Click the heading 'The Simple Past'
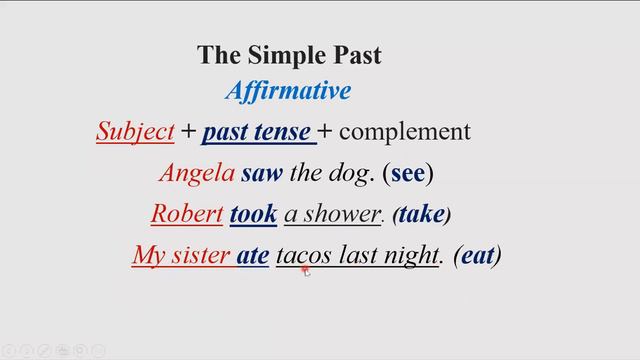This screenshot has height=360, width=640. (x=289, y=55)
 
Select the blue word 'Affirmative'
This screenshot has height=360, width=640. (x=288, y=92)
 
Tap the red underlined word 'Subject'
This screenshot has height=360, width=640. (x=135, y=131)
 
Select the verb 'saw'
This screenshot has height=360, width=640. (x=262, y=173)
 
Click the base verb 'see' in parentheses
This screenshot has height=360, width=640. (x=407, y=173)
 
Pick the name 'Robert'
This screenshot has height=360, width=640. (x=186, y=214)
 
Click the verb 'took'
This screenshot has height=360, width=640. (x=253, y=214)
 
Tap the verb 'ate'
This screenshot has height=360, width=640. (x=253, y=256)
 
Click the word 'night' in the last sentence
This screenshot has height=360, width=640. (x=409, y=256)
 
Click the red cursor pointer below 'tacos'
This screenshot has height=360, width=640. (x=306, y=271)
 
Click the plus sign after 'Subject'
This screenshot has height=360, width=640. (x=188, y=132)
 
